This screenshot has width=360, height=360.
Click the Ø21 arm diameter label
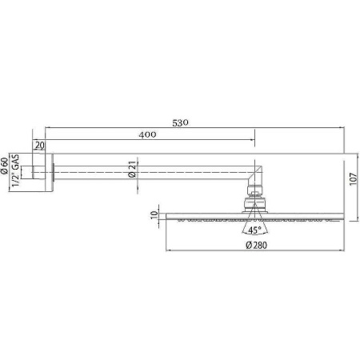tap(130, 169)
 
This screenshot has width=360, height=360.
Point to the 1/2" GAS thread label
tap(16, 169)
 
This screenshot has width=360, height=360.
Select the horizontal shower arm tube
tap(152, 169)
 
